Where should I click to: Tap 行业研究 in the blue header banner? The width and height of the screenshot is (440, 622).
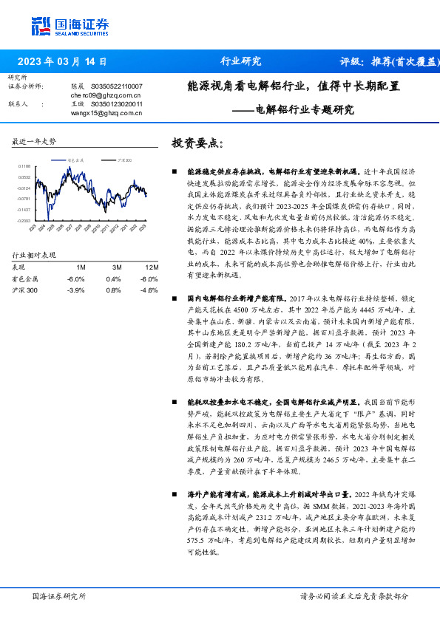point(241,62)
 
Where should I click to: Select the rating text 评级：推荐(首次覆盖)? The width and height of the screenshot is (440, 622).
point(384,62)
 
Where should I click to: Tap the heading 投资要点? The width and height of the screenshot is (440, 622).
point(197,143)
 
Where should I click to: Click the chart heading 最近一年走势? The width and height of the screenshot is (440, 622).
point(34,141)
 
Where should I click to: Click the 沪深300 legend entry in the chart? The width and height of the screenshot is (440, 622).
point(124,160)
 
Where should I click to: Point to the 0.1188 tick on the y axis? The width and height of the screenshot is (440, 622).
point(24,167)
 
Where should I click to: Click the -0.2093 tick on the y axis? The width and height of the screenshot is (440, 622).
point(24,220)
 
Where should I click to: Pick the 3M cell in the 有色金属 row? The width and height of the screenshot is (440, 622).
point(113,278)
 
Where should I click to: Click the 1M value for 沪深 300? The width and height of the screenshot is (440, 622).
point(76,290)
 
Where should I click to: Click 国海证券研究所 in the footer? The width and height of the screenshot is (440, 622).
point(60,596)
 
